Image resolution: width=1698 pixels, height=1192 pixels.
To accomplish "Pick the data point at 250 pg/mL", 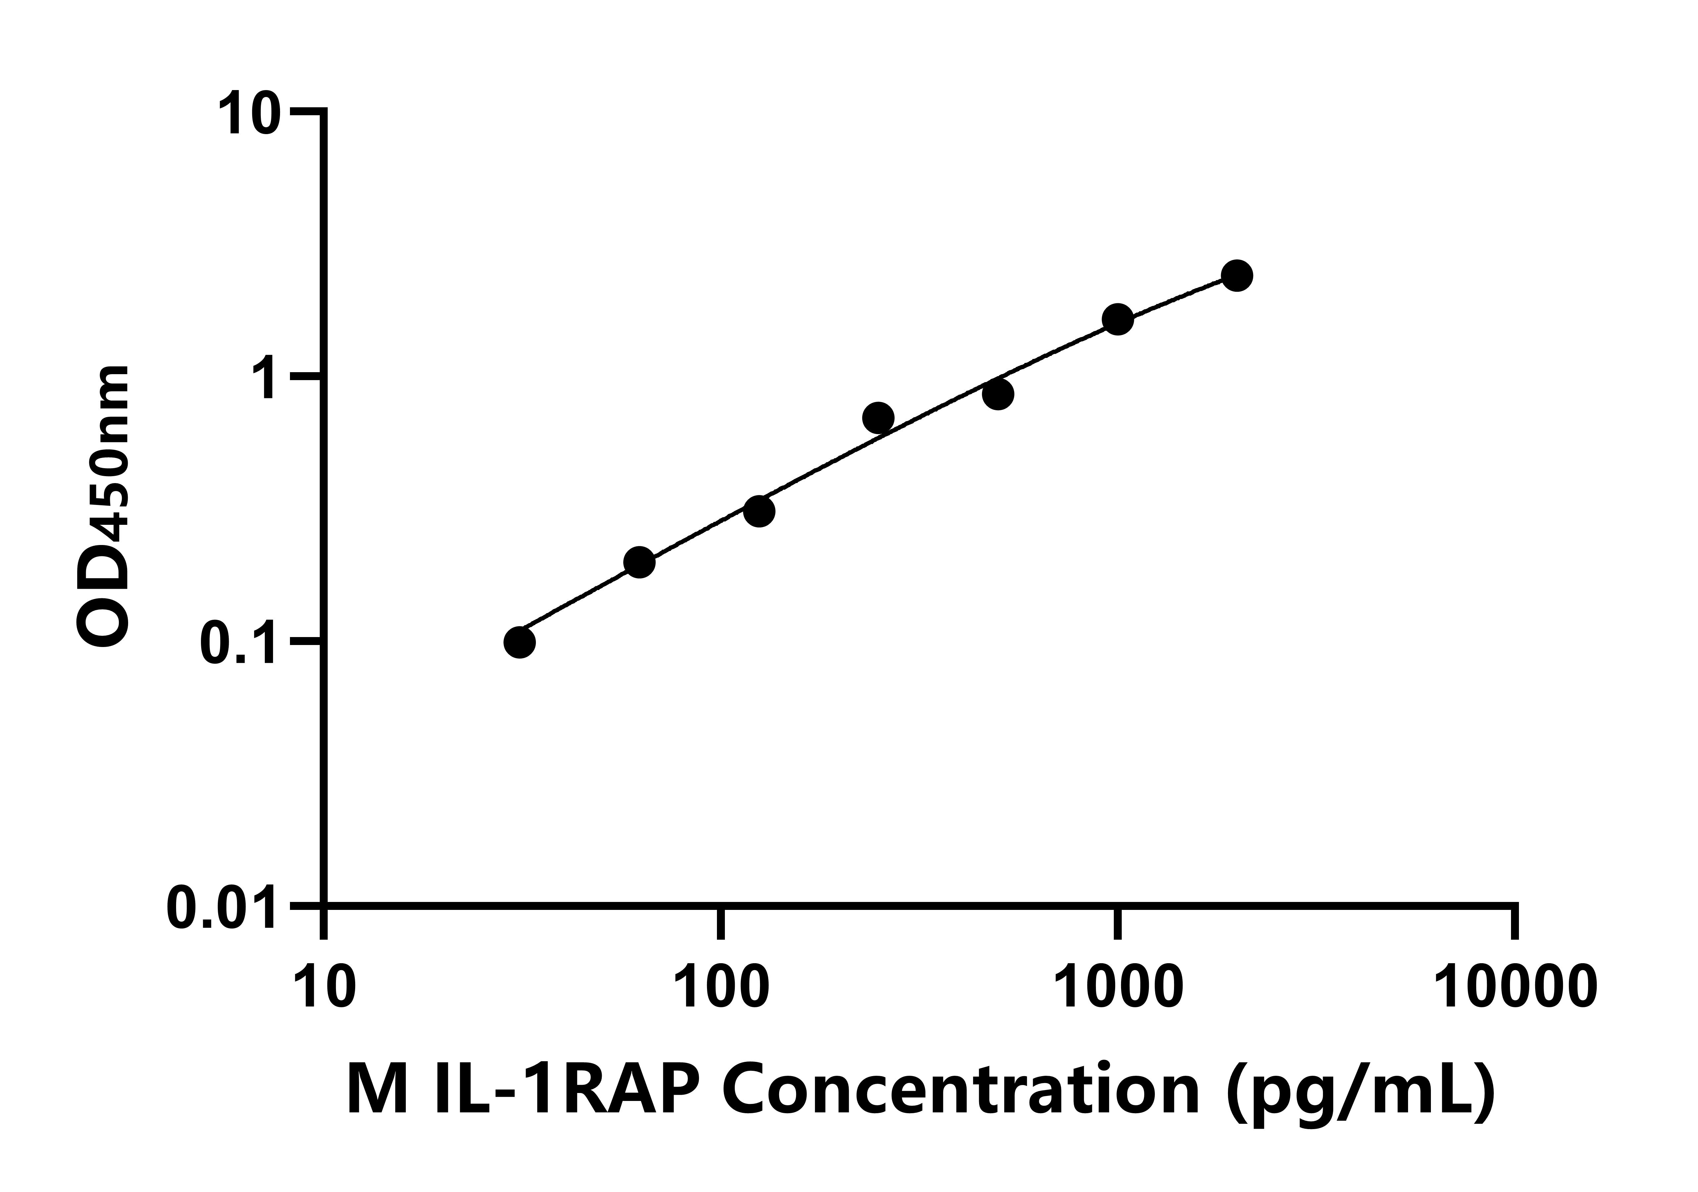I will coord(878,418).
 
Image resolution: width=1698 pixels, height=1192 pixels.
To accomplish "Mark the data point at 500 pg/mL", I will coord(998,394).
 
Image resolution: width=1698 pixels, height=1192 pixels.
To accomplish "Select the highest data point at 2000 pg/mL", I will coord(1237,276).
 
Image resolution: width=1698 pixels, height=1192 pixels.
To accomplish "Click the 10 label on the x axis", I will coord(325,988).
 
